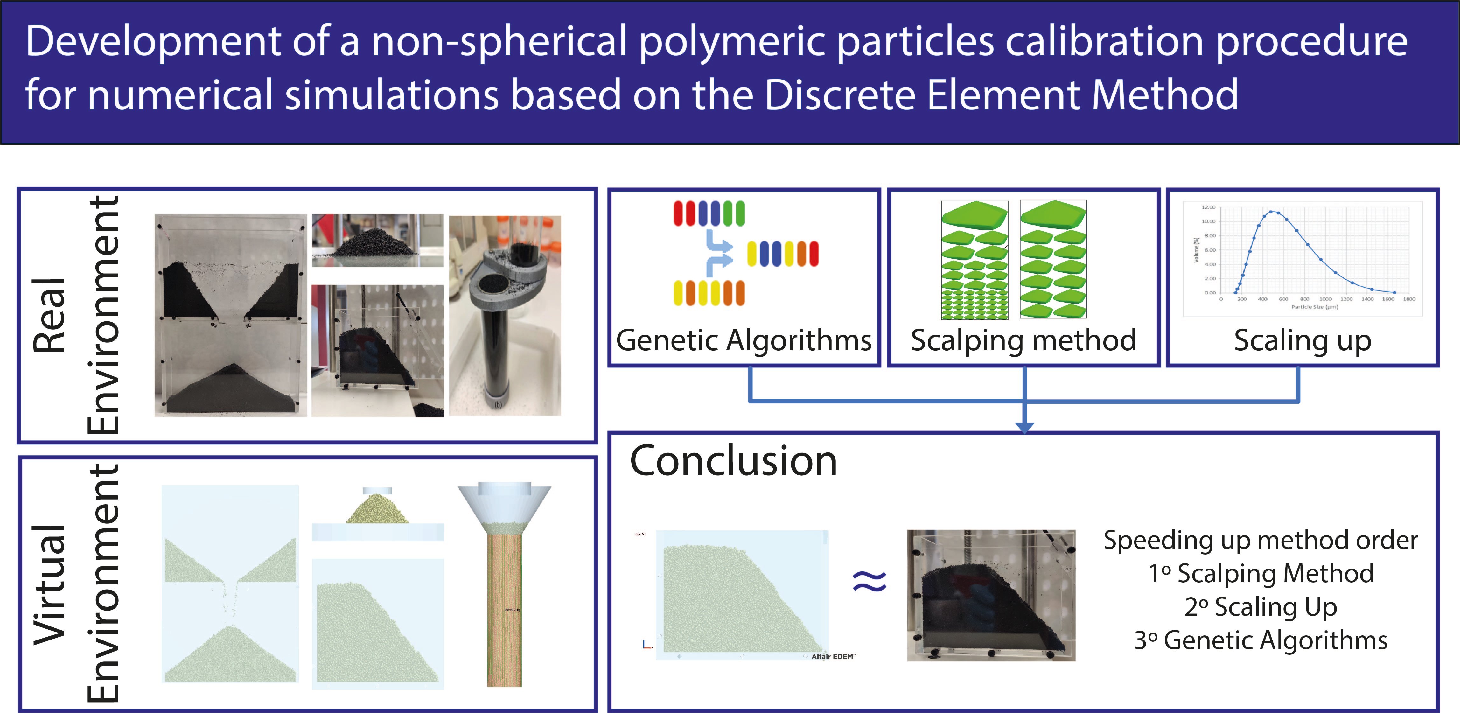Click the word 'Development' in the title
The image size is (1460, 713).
pos(153,43)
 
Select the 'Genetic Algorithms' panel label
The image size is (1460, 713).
pos(744,341)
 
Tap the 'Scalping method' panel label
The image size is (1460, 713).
pos(1023,341)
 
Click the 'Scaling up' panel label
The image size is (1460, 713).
pos(1303,341)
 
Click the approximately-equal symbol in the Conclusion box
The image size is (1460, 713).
pos(870,582)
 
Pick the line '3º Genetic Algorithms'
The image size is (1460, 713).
pos(1261,640)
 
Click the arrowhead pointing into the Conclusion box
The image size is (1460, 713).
pos(1024,427)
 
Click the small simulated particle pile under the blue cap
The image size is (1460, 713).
pos(377,509)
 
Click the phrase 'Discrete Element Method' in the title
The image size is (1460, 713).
pos(1000,94)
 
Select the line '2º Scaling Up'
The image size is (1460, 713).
pos(1261,607)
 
